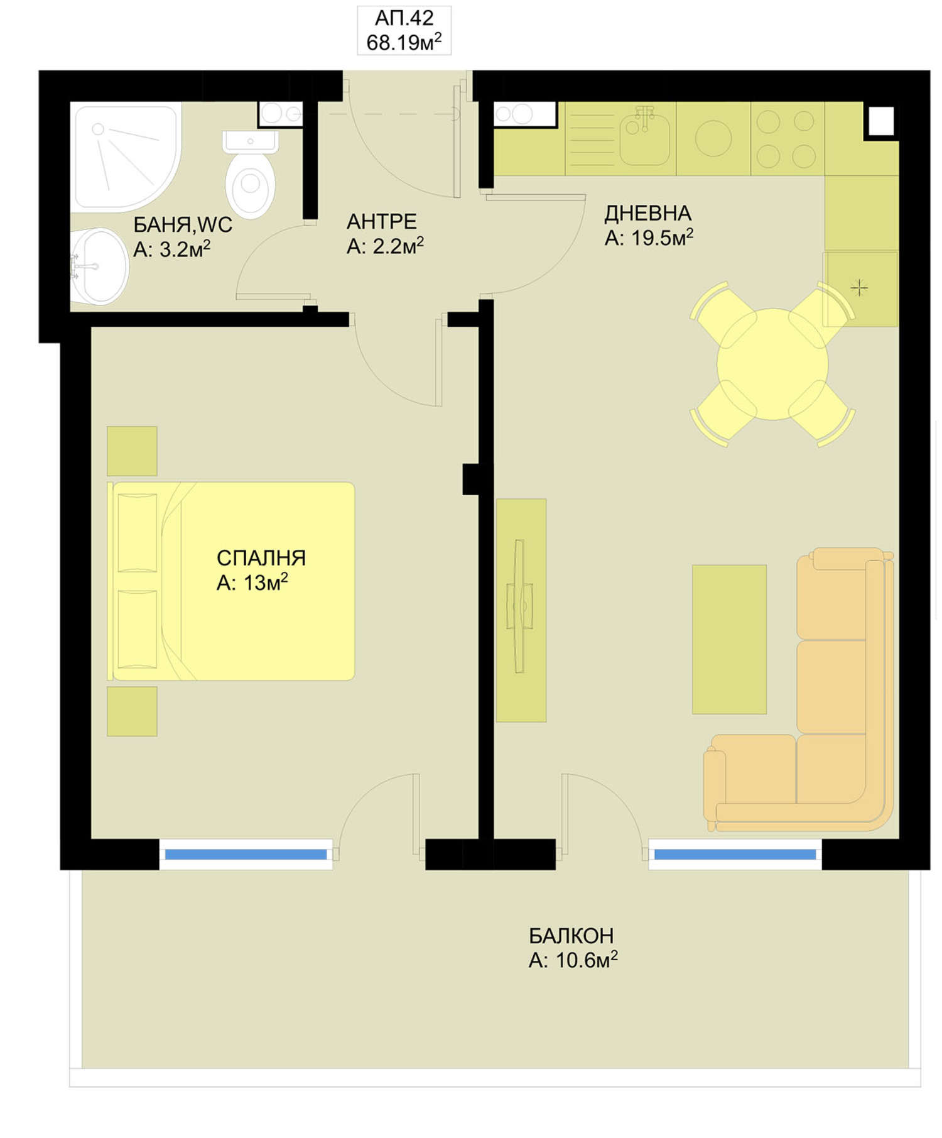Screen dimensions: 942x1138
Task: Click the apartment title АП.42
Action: point(404,18)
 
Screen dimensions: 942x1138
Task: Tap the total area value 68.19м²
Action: point(404,42)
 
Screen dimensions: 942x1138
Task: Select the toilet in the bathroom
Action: point(250,174)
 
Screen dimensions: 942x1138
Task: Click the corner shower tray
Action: point(126,156)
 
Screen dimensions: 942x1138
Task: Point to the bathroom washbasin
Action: point(99,267)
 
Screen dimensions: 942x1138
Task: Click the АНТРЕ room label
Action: point(381,221)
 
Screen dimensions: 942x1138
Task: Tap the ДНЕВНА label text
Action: point(647,213)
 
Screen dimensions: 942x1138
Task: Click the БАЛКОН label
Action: point(571,936)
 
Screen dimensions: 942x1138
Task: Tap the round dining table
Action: point(772,364)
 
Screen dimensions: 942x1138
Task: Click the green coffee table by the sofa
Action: point(729,639)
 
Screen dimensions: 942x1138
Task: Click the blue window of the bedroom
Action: point(246,854)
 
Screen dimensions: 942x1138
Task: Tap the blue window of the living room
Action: point(735,854)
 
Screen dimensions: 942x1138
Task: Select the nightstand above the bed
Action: point(132,451)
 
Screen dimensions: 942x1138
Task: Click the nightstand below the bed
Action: point(132,711)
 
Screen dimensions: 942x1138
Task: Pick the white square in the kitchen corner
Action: point(882,121)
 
